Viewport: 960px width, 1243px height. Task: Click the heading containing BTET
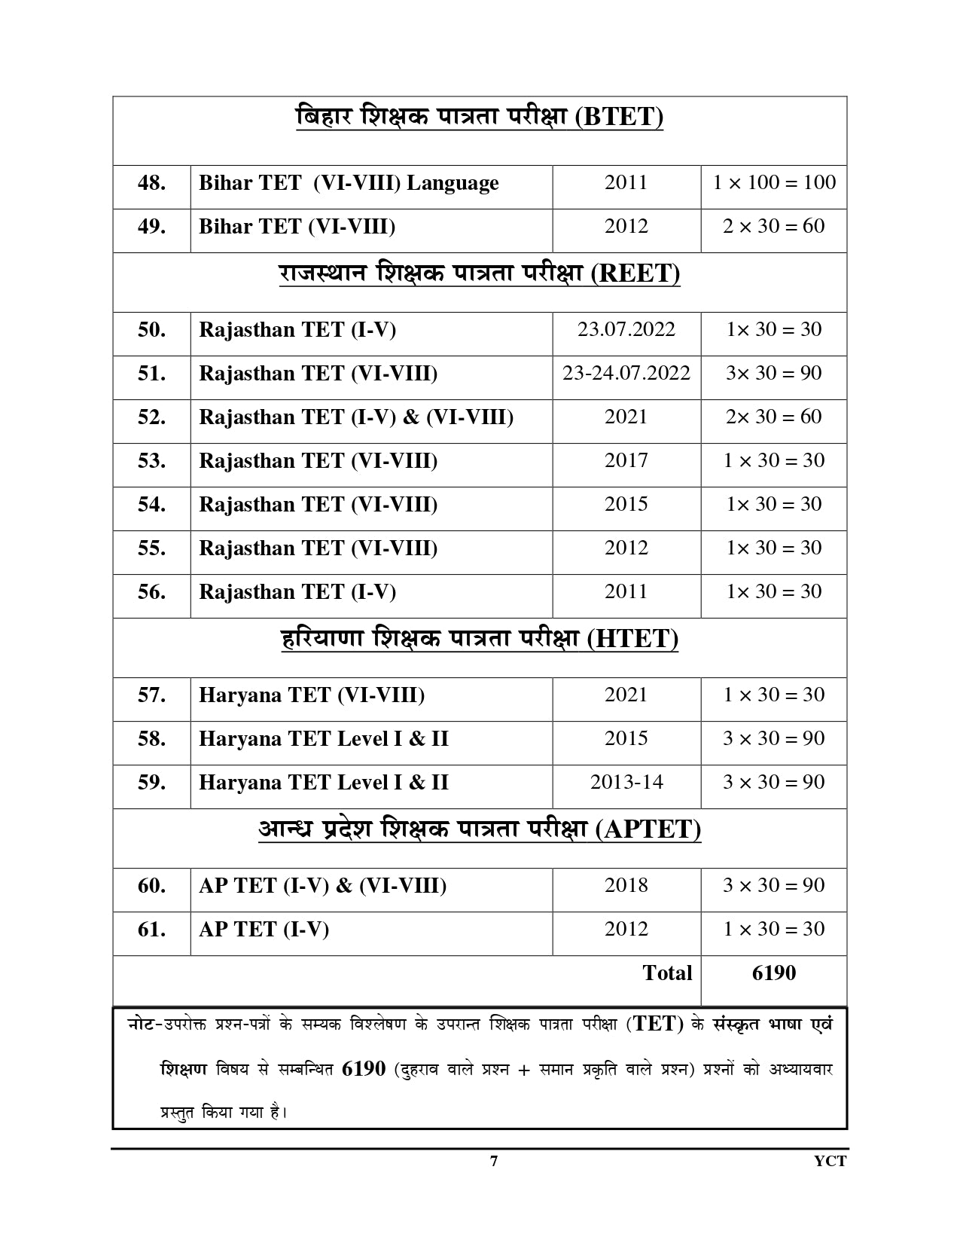(480, 118)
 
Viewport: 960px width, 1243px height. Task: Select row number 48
(151, 183)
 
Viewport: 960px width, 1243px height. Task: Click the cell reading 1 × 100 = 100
(774, 182)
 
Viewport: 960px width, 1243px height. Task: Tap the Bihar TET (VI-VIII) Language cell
(349, 183)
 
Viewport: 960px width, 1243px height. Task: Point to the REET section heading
(480, 273)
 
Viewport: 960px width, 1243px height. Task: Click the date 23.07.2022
(626, 329)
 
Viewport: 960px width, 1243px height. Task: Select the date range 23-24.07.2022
(626, 373)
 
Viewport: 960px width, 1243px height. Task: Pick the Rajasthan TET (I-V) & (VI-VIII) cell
(356, 417)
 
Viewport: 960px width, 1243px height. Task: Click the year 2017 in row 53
(626, 460)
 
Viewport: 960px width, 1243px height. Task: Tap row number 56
(151, 592)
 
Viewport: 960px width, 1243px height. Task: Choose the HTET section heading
(480, 639)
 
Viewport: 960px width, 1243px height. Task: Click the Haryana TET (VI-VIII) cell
(312, 695)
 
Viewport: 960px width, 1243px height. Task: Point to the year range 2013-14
(626, 782)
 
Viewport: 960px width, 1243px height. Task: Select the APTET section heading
(480, 829)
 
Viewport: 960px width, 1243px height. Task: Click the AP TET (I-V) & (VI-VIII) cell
(322, 886)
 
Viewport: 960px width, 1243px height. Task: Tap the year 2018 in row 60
(626, 885)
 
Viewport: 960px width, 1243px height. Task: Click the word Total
(667, 973)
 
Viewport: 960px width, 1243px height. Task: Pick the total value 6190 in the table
(774, 973)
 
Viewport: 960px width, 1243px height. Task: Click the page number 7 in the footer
(493, 1161)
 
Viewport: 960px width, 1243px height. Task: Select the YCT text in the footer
(830, 1161)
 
